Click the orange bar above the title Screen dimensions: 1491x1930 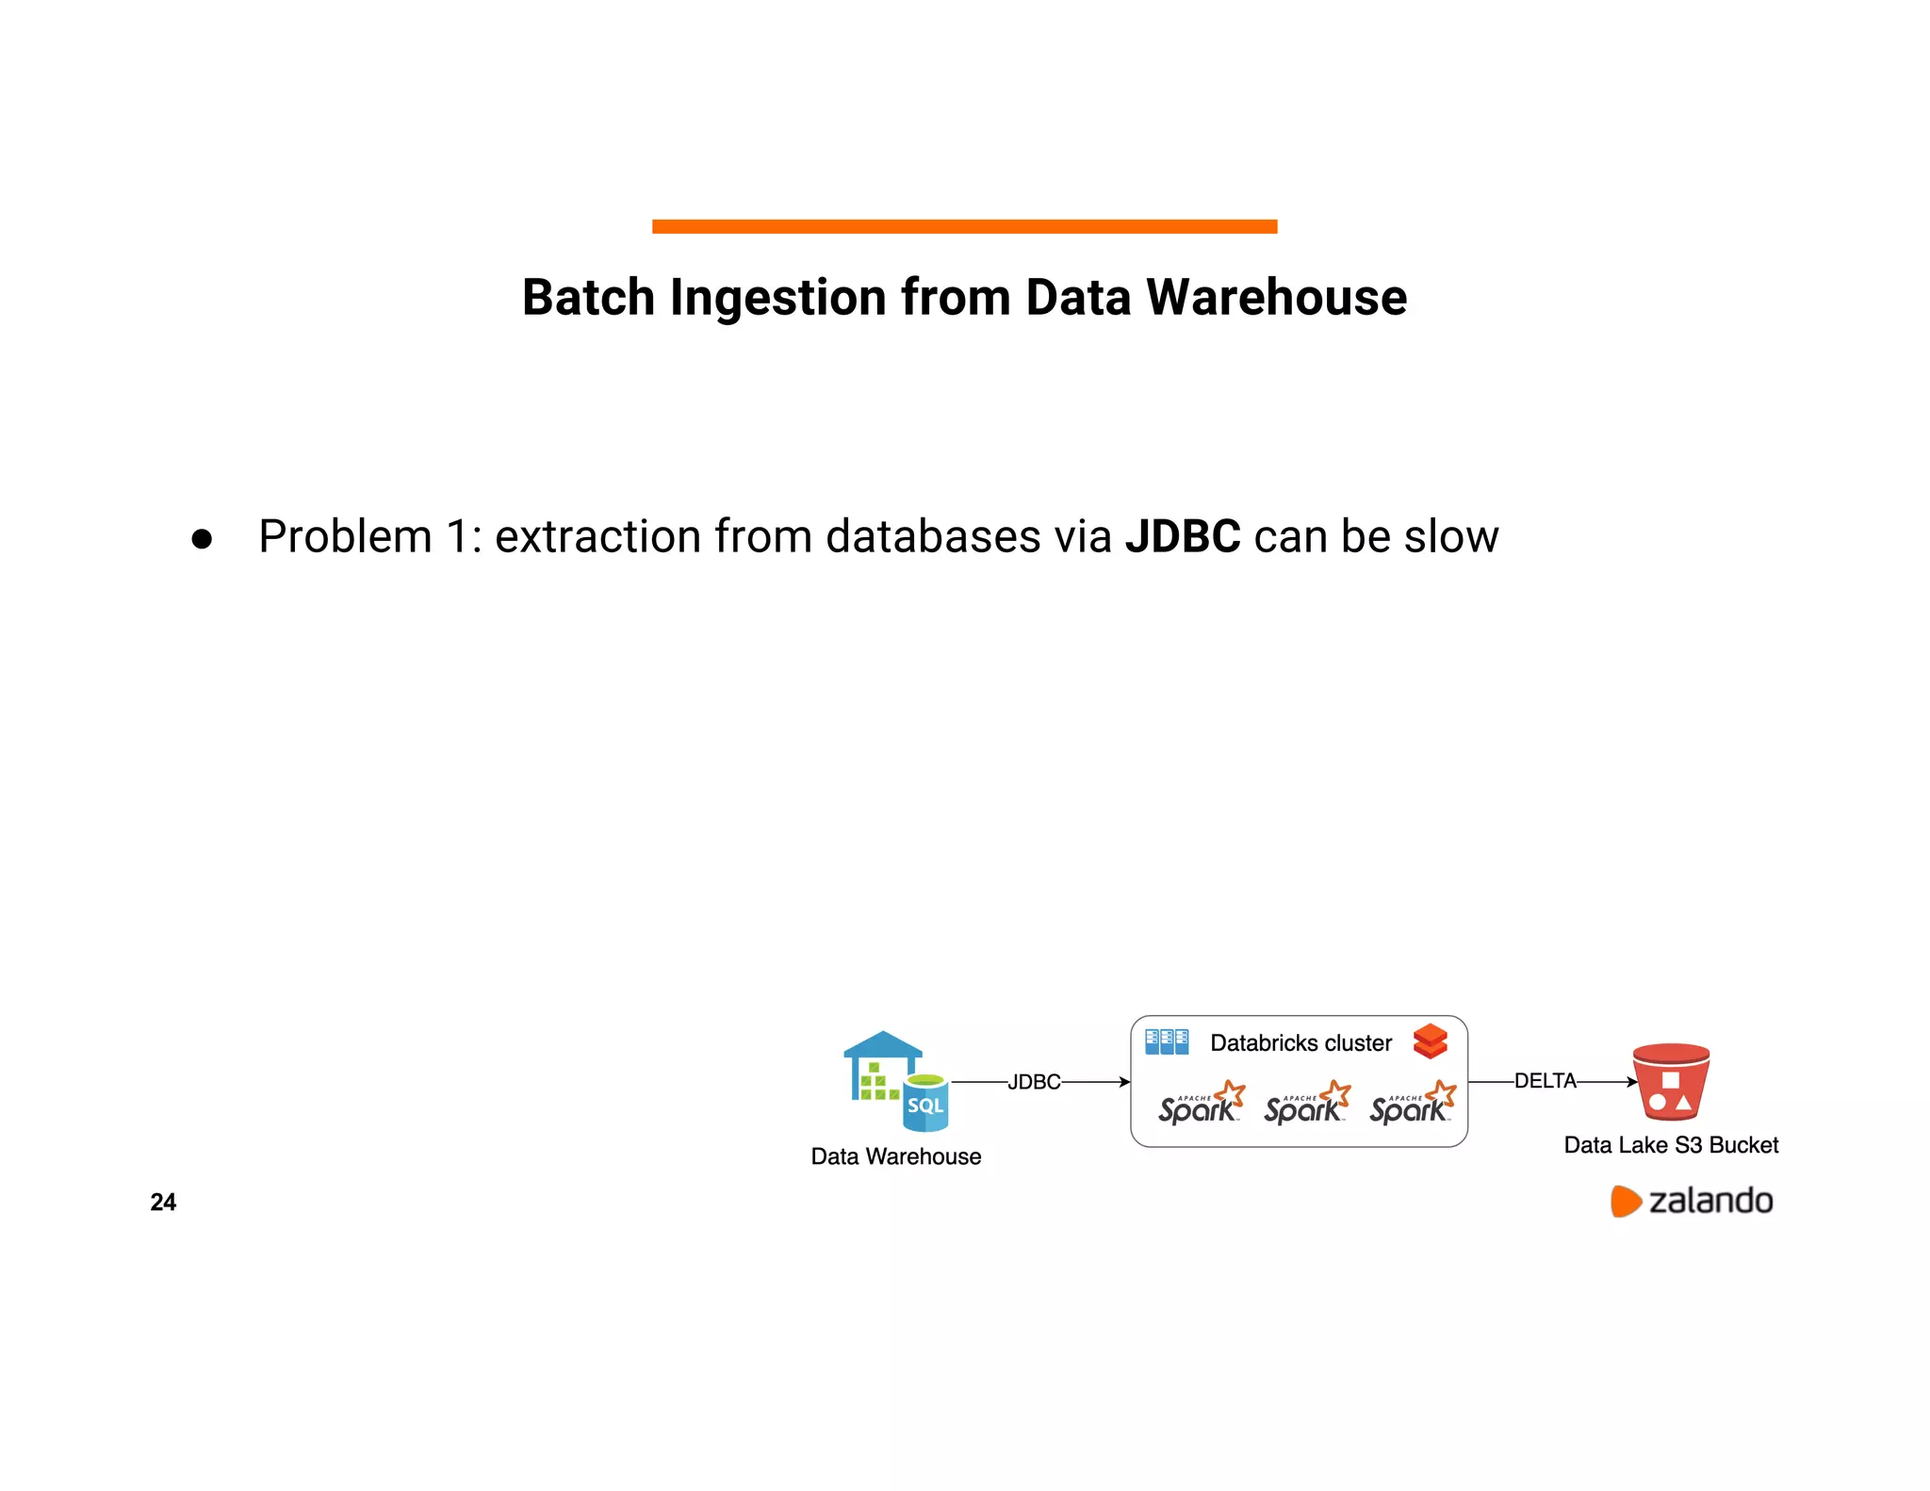(964, 226)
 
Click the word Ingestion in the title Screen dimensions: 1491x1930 (778, 298)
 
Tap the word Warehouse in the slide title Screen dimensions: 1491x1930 (1276, 298)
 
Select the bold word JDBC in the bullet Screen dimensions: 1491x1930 (1183, 536)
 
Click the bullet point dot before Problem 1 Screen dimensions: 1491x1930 (202, 539)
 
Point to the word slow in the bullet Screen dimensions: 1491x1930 (1451, 536)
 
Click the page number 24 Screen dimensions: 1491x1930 (163, 1202)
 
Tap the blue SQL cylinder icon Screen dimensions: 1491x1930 (925, 1104)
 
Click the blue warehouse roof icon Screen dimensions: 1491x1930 (882, 1044)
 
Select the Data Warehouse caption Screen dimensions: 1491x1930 (895, 1156)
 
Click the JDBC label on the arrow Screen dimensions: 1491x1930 (1034, 1082)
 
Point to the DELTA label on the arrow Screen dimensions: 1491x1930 (1545, 1081)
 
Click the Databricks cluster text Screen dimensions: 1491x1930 (1300, 1043)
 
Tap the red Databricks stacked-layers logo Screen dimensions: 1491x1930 (1430, 1041)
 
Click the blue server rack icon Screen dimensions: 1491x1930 (1167, 1041)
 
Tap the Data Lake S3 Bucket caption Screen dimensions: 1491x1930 (1671, 1145)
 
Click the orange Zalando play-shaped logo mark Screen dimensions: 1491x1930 (1625, 1201)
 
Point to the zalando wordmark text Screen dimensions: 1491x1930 (1710, 1201)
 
